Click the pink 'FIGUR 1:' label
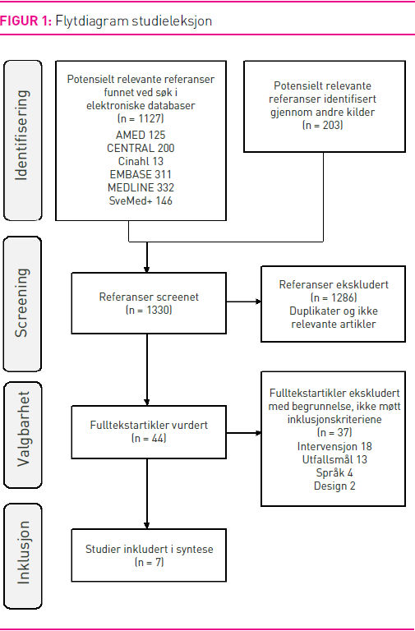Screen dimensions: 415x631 (x=26, y=21)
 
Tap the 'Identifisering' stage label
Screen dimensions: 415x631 (x=21, y=136)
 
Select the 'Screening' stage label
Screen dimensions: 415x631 (x=21, y=302)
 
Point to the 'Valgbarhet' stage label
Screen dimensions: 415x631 (x=23, y=429)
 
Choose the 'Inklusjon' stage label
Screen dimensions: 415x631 (x=23, y=552)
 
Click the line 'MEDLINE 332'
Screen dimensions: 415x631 (x=141, y=187)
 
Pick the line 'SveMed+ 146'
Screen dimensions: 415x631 (x=141, y=200)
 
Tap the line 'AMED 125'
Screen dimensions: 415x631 (x=141, y=135)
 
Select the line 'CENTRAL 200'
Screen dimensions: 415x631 (x=141, y=148)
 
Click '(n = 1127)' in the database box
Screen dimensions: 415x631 (x=141, y=118)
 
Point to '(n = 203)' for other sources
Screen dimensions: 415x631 (x=323, y=125)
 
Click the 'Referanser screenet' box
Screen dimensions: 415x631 (x=149, y=303)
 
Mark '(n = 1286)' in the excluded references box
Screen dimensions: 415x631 (x=334, y=297)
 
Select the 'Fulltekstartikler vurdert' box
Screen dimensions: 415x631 (x=149, y=432)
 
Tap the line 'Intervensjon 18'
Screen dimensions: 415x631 (x=334, y=446)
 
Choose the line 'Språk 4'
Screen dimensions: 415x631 (x=334, y=472)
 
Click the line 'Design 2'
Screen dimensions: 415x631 (x=334, y=486)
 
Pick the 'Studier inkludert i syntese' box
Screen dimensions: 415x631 (x=149, y=555)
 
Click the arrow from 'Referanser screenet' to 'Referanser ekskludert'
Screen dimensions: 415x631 (x=244, y=302)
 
